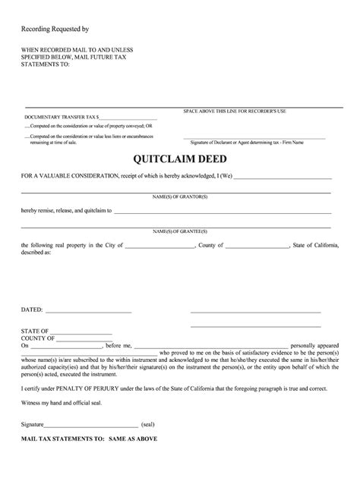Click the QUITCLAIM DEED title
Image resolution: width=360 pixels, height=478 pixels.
pos(179,160)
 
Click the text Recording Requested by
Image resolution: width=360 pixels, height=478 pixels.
pos(55,29)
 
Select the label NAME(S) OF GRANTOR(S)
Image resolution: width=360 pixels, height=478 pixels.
pos(179,196)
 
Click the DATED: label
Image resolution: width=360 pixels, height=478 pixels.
pos(32,311)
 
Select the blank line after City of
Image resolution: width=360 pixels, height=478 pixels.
pos(159,247)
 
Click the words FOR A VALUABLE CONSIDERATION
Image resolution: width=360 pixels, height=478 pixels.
pos(70,176)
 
